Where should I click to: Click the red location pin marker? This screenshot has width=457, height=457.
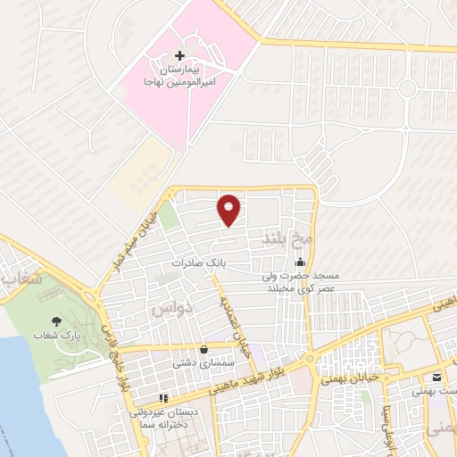[229, 210]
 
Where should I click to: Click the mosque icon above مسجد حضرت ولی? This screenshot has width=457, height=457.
[300, 262]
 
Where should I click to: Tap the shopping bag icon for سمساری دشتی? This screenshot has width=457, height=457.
[206, 349]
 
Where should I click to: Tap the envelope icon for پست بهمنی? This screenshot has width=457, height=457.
[436, 376]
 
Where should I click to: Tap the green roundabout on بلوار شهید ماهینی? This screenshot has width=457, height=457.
[309, 359]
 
